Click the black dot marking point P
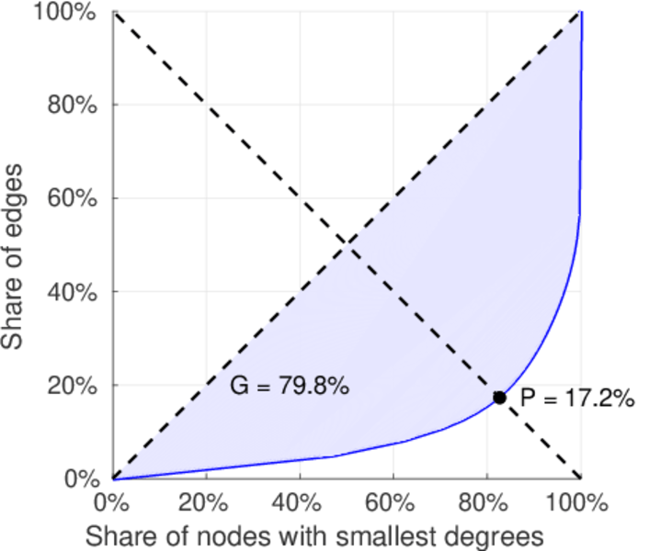point(499,398)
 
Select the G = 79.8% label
point(289,387)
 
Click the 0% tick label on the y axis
point(80,479)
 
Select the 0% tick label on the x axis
point(112,503)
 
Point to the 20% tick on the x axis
point(206,503)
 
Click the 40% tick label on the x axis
point(300,503)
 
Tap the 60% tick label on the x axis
point(393,503)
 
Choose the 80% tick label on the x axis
point(487,503)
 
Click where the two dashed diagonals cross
point(347,245)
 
